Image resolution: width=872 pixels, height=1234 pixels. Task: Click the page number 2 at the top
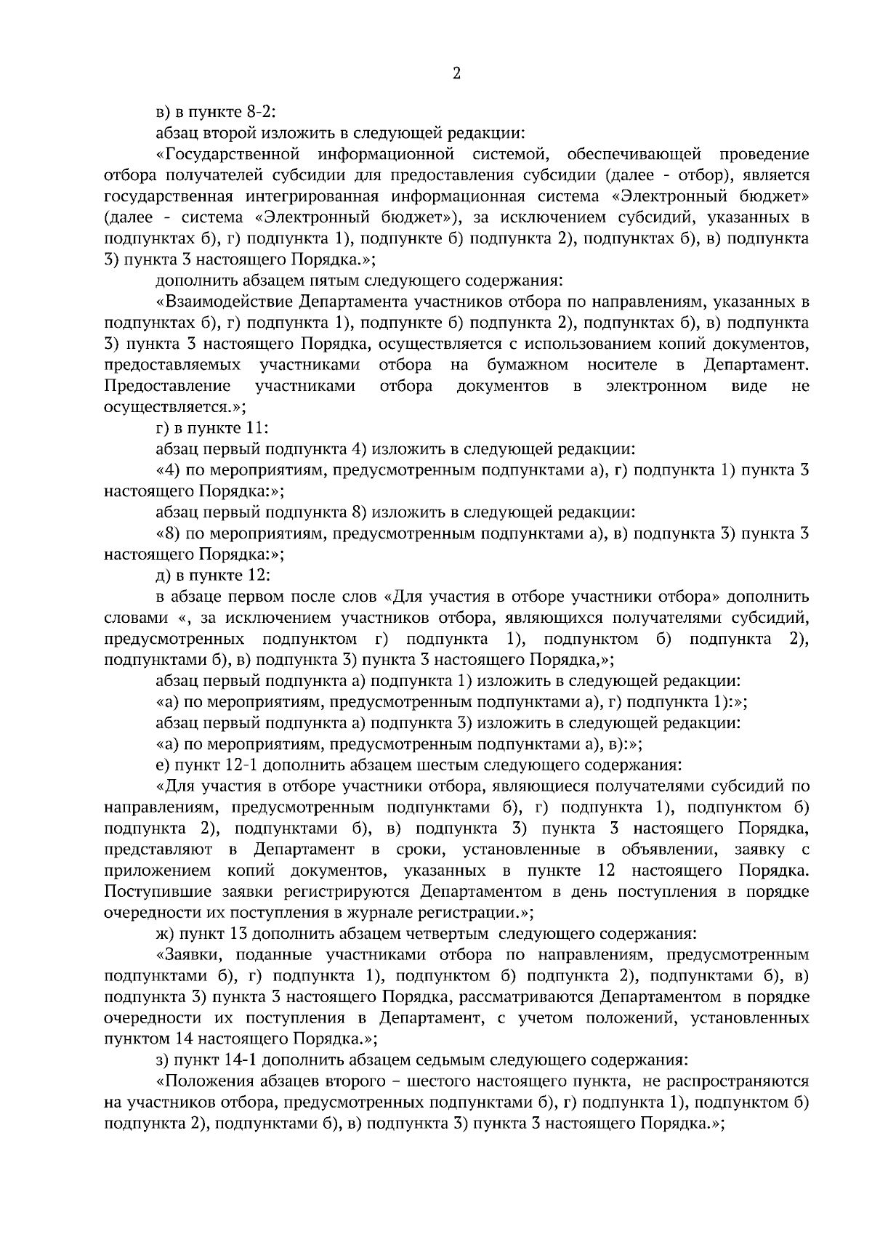click(x=456, y=73)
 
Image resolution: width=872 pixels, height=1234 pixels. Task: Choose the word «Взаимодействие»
click(x=225, y=302)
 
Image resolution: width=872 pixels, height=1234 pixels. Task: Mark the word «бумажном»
click(x=515, y=365)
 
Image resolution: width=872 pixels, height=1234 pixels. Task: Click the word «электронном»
click(x=656, y=386)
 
